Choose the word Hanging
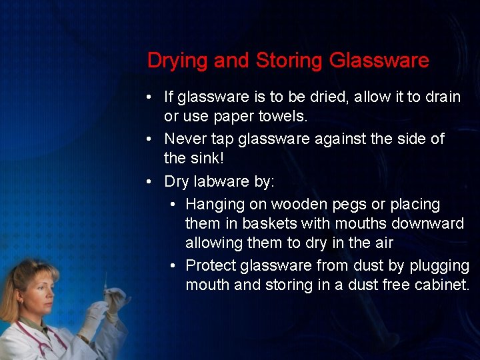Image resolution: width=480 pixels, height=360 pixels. click(213, 204)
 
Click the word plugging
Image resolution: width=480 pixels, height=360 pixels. click(439, 266)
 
